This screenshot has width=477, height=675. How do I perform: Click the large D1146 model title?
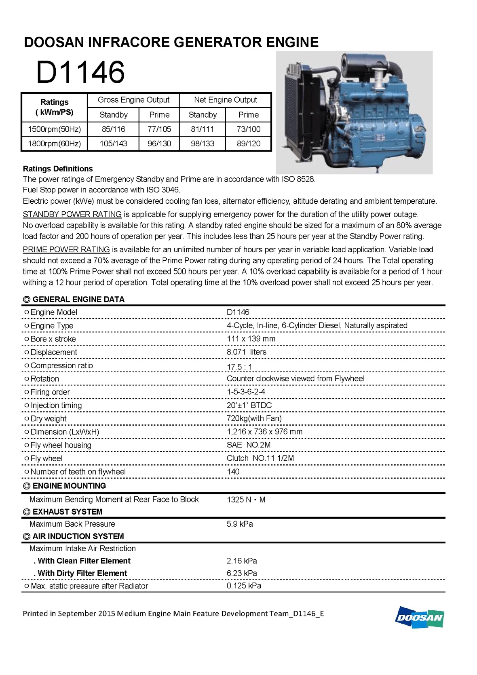coord(80,72)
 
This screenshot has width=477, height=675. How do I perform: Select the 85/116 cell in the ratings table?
coord(113,129)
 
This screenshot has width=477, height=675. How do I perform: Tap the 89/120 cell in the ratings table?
coord(248,143)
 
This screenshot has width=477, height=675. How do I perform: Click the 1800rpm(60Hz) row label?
coord(54,143)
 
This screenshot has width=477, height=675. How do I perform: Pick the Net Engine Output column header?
coord(225,100)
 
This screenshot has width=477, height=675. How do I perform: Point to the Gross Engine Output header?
coord(133,100)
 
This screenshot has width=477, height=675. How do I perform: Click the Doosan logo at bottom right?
coord(419,617)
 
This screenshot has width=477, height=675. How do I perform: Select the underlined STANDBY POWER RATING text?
coord(72,214)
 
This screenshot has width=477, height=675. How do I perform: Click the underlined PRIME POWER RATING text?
coord(66,249)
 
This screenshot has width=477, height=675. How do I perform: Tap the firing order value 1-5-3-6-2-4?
coord(246,392)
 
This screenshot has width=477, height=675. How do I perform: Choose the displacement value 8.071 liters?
coord(246,352)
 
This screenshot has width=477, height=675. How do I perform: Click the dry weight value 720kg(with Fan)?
coord(254,418)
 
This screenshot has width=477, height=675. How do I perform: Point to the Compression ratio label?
coord(61,365)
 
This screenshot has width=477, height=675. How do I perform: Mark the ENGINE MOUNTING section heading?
coord(69,486)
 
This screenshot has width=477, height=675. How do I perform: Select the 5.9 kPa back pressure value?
coord(239,524)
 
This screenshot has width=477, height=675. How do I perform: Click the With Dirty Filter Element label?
coord(82,573)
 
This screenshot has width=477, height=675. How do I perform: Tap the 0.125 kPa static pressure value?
coord(243,586)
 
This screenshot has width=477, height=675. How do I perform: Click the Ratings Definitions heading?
coord(58,169)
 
